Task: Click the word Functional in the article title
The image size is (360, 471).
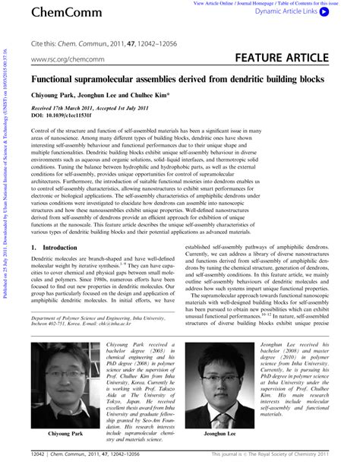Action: click(x=56, y=79)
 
